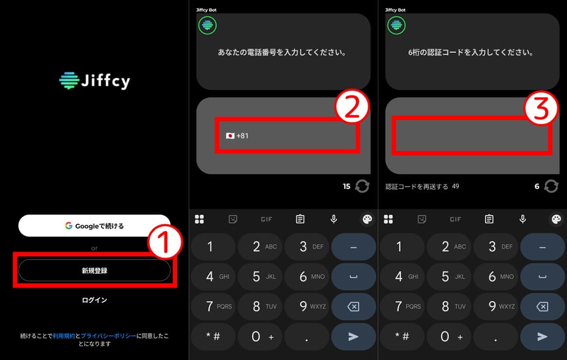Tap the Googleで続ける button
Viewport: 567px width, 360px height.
pos(94,226)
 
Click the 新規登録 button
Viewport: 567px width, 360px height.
pos(94,271)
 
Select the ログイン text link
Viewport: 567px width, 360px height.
pos(94,300)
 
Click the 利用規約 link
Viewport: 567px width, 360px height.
pos(64,336)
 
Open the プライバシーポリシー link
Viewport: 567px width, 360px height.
pos(109,336)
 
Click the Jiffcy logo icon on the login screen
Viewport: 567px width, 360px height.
pos(68,81)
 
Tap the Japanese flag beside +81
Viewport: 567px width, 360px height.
pos(230,136)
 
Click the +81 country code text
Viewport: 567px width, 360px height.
pos(242,136)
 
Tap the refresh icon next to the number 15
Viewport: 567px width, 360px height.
pos(362,186)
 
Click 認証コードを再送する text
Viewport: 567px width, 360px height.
pos(417,186)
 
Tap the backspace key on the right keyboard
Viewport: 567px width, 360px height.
pos(542,307)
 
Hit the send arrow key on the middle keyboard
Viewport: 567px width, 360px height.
pos(353,336)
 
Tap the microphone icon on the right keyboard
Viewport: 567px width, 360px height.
pos(523,219)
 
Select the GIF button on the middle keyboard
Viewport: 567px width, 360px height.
pos(266,219)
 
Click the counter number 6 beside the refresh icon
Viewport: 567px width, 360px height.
pos(537,187)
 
